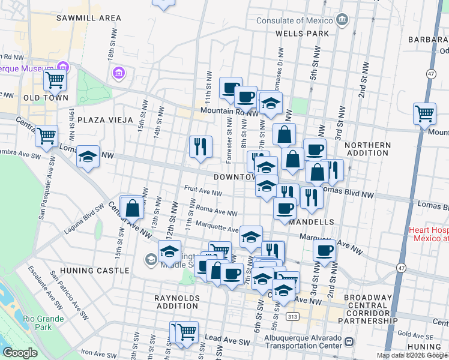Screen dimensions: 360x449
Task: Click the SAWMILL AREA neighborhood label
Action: [89, 18]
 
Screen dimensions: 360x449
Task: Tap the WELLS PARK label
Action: [303, 34]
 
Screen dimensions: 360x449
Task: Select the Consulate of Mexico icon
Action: [342, 19]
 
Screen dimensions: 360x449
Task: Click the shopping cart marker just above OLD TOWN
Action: [55, 79]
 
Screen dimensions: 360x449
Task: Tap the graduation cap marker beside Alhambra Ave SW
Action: [88, 158]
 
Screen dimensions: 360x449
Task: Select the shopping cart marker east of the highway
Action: [424, 113]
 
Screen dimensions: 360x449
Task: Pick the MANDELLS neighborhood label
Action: [311, 222]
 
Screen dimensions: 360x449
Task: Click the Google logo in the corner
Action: [20, 353]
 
